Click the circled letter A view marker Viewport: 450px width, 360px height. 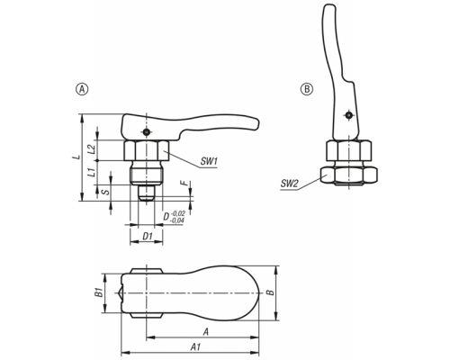click(x=83, y=89)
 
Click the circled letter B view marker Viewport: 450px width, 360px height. click(x=307, y=89)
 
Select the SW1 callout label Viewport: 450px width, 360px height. click(x=209, y=162)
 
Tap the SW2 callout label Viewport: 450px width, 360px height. click(x=289, y=184)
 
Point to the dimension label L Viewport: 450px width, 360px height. click(x=77, y=157)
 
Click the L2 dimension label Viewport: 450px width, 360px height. click(x=93, y=149)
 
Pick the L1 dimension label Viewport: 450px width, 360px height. click(x=93, y=173)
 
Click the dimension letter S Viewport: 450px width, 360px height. click(x=106, y=192)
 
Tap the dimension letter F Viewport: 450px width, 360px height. click(x=185, y=183)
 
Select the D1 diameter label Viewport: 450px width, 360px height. click(x=147, y=237)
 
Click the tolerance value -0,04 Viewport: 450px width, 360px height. click(x=177, y=220)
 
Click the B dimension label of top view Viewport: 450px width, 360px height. click(x=271, y=292)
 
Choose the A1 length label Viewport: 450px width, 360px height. click(x=195, y=347)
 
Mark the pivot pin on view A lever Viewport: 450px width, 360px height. click(x=146, y=132)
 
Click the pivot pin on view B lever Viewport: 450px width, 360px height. click(x=348, y=115)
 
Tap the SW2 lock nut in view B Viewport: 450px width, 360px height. click(x=348, y=175)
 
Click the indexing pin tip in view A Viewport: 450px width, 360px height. click(x=146, y=193)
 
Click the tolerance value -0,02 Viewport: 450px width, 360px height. click(x=178, y=213)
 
